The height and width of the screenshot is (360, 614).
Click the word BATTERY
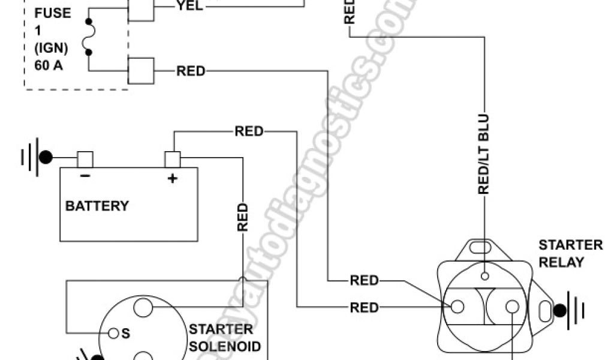point(97,206)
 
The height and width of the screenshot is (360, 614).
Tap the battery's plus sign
point(173,178)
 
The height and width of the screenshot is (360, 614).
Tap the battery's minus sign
point(85,176)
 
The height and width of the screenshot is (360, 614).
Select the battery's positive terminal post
point(173,160)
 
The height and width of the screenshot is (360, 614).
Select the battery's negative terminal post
point(85,159)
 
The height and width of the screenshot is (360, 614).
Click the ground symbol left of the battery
point(36,158)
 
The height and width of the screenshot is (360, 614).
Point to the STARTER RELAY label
point(562,253)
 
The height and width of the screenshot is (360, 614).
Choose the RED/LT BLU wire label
point(484,154)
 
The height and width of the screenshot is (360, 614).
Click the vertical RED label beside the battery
point(242,217)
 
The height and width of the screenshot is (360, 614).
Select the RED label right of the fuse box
point(190,71)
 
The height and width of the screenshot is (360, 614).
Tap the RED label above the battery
point(249,131)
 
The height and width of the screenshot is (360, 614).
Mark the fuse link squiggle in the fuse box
point(91,40)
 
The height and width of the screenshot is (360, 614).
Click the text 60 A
point(49,66)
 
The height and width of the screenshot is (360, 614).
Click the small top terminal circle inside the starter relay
point(484,276)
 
